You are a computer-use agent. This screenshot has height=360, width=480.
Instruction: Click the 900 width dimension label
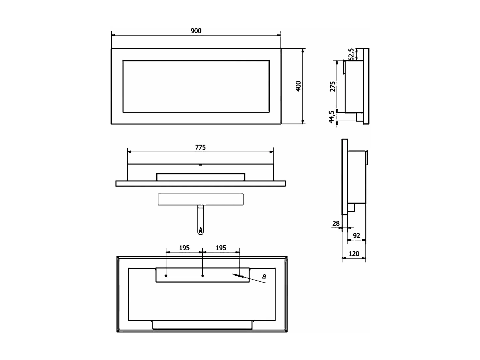[x=196, y=31]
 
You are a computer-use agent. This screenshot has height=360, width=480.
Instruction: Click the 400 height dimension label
[x=298, y=86]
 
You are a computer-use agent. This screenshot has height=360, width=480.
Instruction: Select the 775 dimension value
[x=200, y=148]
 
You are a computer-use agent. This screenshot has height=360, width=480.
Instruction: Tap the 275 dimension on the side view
[x=333, y=86]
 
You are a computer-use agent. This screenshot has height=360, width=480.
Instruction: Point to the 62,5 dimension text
[x=351, y=54]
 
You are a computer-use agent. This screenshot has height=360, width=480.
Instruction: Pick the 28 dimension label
[x=336, y=224]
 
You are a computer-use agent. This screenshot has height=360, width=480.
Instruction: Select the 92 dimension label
[x=356, y=236]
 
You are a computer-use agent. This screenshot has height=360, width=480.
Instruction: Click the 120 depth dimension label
[x=354, y=254]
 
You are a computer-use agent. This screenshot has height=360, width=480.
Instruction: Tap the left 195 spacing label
[x=184, y=248]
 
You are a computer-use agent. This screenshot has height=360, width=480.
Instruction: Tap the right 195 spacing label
[x=221, y=248]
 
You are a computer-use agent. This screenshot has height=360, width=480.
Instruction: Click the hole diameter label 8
[x=264, y=277]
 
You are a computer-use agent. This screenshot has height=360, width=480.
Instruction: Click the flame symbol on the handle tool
[x=201, y=230]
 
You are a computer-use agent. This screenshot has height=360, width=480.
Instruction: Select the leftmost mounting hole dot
[x=166, y=276]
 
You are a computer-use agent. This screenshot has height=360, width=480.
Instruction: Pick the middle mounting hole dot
[x=203, y=276]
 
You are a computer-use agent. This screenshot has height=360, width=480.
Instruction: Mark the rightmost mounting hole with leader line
[x=239, y=276]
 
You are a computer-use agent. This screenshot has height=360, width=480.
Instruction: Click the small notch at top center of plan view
[x=200, y=165]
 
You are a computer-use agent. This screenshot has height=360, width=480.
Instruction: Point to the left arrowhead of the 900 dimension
[x=113, y=35]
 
